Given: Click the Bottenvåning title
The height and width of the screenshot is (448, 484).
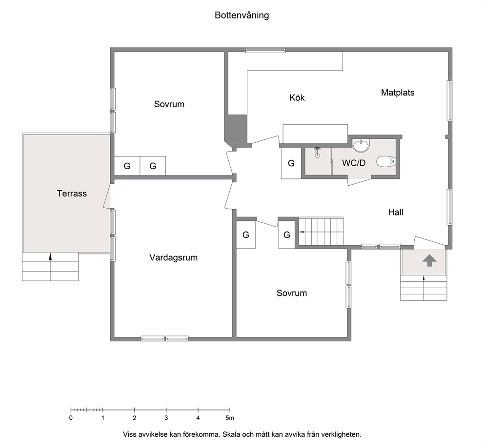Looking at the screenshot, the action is (242, 16).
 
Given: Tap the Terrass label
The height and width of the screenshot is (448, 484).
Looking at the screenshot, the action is (72, 194).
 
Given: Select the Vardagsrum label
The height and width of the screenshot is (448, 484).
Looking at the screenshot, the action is (173, 257).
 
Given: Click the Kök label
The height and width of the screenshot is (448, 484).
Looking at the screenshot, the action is (297, 97).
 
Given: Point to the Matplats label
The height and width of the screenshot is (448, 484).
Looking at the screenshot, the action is (398, 93).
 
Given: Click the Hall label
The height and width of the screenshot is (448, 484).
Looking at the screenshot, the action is (396, 212).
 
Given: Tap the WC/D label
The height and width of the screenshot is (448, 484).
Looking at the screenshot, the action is (354, 163).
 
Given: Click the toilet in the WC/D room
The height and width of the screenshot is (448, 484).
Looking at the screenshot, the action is (386, 161).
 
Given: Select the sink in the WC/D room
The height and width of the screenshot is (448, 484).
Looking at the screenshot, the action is (361, 146).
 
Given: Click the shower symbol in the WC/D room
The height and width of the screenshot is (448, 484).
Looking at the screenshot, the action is (317, 152).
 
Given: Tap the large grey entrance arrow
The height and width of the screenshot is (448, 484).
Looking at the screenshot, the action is (429, 260).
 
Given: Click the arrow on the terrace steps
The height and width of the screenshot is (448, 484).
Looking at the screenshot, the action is (50, 256).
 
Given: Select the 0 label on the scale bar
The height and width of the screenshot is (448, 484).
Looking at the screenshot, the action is (71, 418).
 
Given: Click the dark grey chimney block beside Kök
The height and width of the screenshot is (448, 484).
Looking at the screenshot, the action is (237, 131).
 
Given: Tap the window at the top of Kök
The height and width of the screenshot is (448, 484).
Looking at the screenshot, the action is (265, 50).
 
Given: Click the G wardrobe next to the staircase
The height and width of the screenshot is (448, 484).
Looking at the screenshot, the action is (287, 235).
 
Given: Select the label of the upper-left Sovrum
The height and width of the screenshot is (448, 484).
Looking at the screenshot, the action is (169, 104).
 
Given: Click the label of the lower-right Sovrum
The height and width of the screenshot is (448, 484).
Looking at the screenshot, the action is (292, 293).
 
